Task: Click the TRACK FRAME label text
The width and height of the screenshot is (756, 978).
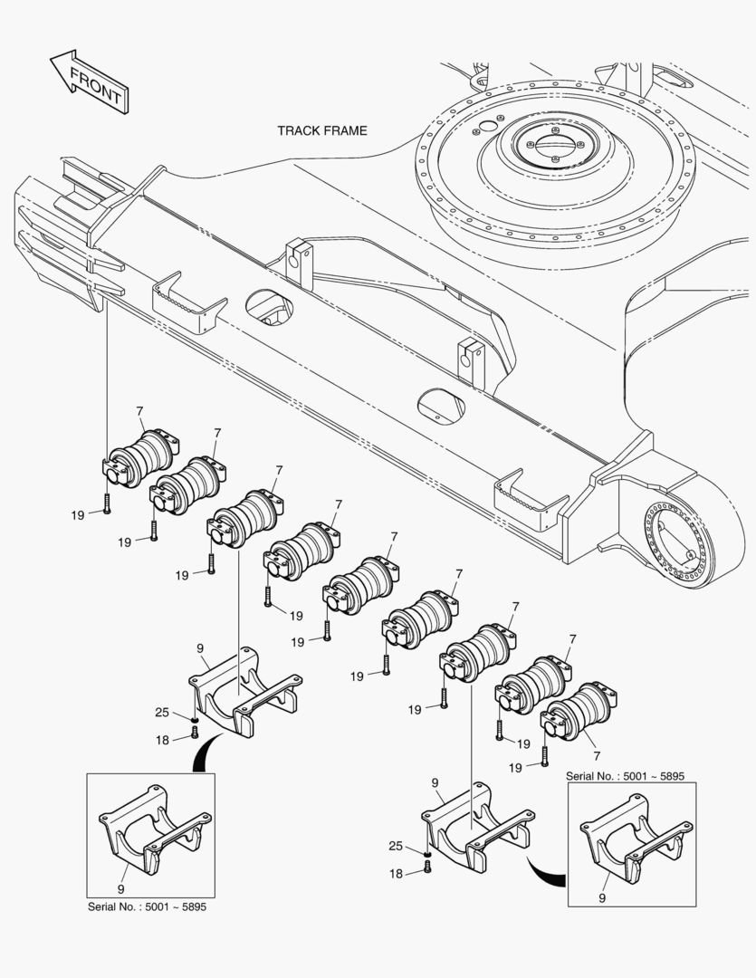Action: [x=322, y=130]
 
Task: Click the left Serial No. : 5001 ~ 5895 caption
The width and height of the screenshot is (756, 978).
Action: [x=147, y=906]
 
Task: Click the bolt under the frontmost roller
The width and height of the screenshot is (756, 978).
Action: [x=107, y=504]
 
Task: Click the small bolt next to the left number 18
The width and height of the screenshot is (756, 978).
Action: [x=194, y=732]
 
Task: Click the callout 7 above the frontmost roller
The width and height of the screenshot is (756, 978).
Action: [x=139, y=412]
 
